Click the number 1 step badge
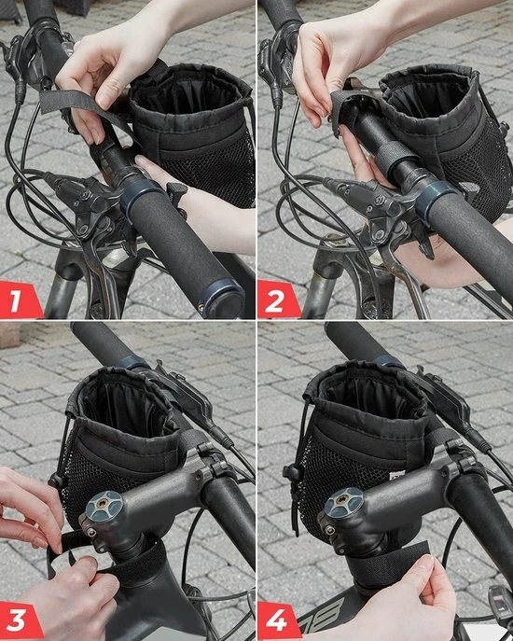(21, 300)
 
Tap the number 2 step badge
(278, 300)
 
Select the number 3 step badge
(21, 619)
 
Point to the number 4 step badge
(278, 619)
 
